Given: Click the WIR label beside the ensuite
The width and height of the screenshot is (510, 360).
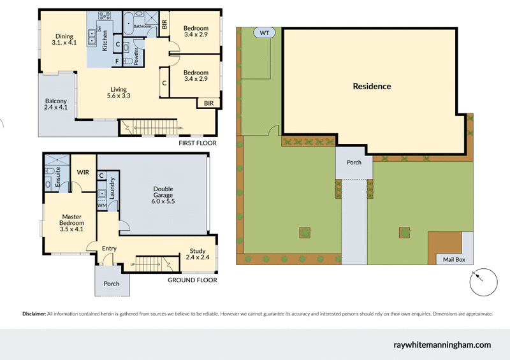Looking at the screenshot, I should click(x=83, y=172).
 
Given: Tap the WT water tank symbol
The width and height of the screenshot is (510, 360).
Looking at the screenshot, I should click(x=264, y=32).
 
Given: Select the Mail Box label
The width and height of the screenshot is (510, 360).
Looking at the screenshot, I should click(x=454, y=259).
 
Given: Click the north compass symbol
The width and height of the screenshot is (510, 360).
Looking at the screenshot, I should click(x=483, y=282).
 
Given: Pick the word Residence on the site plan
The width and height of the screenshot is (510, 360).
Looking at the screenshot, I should click(x=372, y=86).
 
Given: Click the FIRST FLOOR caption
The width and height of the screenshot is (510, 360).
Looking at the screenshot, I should click(x=198, y=143).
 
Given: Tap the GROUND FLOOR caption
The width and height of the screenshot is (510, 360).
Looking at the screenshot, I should click(x=192, y=280).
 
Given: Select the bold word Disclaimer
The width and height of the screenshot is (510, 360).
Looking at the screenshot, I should click(x=33, y=313).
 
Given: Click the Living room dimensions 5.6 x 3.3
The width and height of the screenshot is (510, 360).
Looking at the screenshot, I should click(x=118, y=97).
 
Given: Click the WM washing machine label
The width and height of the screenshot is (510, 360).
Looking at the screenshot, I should click(x=101, y=206).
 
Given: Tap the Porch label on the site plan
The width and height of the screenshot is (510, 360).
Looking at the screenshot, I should click(x=354, y=162).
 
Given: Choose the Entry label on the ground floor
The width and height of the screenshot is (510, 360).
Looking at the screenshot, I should click(x=109, y=248).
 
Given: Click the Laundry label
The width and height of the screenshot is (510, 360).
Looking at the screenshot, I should click(x=113, y=189).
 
